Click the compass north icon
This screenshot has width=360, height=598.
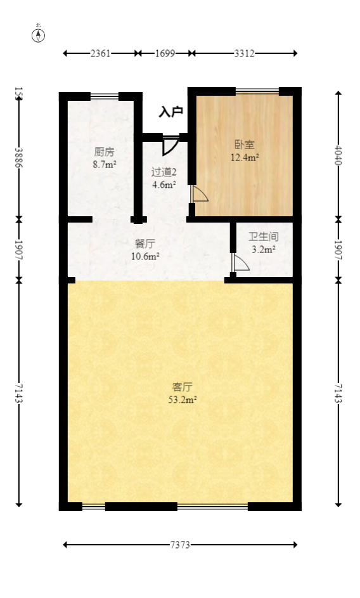39,35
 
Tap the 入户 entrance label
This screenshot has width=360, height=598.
170,112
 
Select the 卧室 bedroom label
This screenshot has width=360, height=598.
245,145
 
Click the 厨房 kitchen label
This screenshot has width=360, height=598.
105,152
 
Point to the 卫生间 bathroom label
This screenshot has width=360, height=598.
263,237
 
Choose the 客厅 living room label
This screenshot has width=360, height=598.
183,386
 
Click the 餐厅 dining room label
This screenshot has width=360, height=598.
145,244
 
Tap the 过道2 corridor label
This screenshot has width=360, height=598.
164,172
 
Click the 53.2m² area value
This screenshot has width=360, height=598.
183,400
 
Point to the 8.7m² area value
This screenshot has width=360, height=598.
105,165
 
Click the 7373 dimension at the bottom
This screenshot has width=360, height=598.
181,544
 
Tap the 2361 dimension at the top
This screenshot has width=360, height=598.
100,53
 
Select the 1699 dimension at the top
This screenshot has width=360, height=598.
165,53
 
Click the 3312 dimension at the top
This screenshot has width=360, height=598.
244,53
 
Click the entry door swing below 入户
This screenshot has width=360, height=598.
169,145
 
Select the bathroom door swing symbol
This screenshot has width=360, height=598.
239,263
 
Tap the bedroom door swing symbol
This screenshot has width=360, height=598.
198,194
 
